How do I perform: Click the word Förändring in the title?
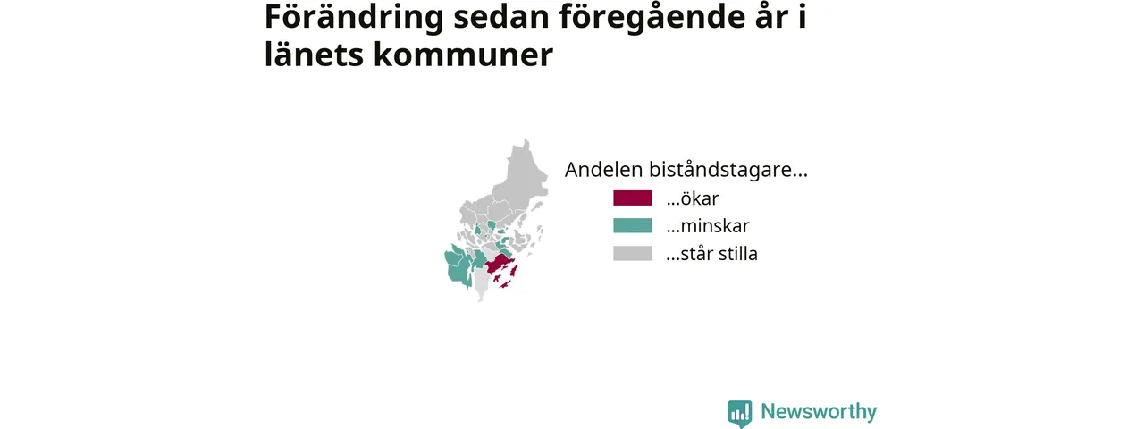[354, 18]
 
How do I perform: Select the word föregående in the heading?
[648, 18]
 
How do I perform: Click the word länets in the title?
[314, 55]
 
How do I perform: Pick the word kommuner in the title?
[463, 55]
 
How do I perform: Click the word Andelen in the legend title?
[603, 170]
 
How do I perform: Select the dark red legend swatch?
[632, 198]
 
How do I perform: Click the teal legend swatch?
[632, 226]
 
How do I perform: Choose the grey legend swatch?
[632, 253]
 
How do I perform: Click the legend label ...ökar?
[692, 198]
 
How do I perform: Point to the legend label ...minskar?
[707, 226]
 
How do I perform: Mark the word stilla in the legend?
[738, 253]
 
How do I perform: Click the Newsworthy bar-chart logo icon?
[740, 414]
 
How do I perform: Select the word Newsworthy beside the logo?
[819, 412]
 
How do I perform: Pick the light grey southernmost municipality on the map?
[481, 286]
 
